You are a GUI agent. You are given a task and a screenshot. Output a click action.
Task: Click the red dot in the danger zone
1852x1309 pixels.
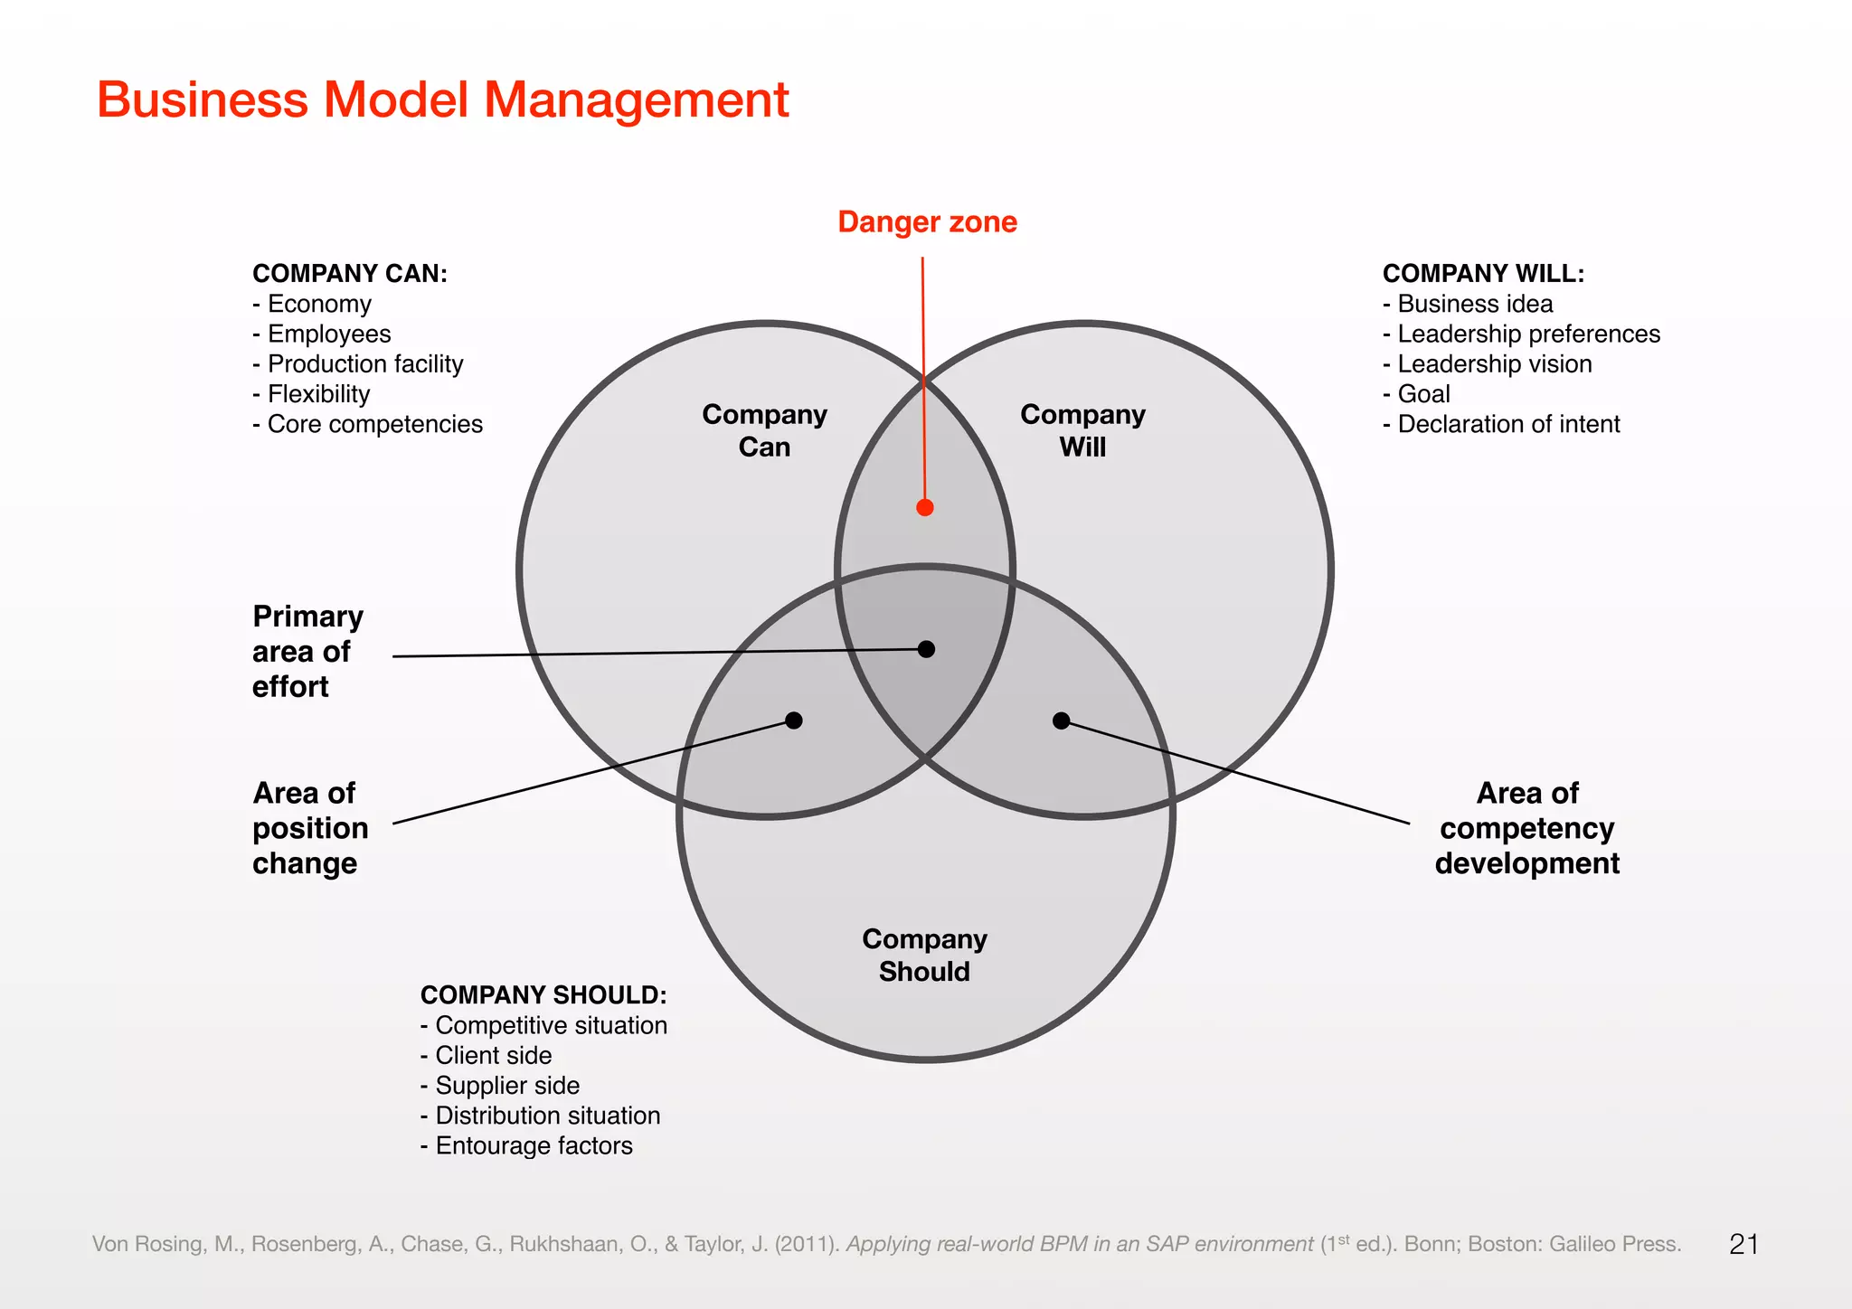click(x=924, y=507)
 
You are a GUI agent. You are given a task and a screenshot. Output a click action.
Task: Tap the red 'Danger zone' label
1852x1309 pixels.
click(x=927, y=221)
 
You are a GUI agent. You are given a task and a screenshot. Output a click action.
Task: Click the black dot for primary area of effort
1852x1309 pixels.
click(x=926, y=649)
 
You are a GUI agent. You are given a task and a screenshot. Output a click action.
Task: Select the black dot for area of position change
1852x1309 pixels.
click(x=794, y=720)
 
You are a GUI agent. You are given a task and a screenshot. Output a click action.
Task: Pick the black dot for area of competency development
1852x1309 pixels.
click(x=1062, y=720)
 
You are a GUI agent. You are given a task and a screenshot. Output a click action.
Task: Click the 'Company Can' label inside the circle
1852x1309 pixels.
click(x=764, y=430)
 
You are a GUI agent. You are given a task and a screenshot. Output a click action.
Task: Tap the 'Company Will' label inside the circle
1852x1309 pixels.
click(x=1082, y=430)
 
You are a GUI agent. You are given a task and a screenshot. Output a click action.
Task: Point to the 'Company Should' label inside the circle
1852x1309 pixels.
click(x=924, y=955)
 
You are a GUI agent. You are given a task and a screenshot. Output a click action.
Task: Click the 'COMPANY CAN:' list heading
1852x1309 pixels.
click(x=350, y=273)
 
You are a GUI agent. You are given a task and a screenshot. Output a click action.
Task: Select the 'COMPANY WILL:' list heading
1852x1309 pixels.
click(x=1483, y=273)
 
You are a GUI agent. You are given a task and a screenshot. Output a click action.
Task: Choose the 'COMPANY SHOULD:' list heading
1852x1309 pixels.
click(x=543, y=994)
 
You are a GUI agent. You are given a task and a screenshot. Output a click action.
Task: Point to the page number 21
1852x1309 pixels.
click(x=1743, y=1244)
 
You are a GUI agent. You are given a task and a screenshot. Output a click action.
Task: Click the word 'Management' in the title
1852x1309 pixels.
click(x=637, y=99)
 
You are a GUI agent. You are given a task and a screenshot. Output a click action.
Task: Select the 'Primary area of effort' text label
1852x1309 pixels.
click(x=307, y=651)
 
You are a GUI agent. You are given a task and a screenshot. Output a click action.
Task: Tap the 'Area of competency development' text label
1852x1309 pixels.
click(x=1526, y=828)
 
